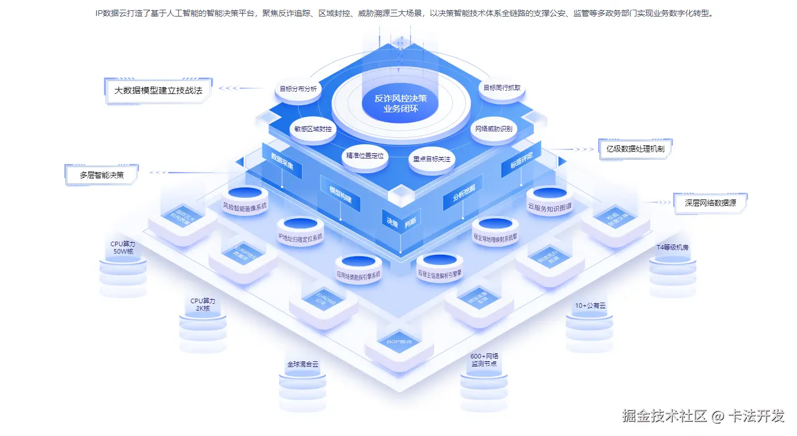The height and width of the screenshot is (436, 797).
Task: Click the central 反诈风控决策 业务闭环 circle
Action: tap(400, 103)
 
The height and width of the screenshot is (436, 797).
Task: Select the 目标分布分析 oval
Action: tap(298, 89)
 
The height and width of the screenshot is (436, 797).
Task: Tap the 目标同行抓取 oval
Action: tap(501, 88)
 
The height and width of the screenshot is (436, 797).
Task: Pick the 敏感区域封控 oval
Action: tap(313, 129)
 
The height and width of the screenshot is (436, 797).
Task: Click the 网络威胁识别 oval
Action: tap(493, 129)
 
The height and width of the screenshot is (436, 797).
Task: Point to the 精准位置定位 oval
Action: tap(365, 156)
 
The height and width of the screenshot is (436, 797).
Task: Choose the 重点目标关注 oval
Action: tap(432, 159)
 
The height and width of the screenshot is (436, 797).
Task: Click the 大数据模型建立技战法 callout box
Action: tap(158, 90)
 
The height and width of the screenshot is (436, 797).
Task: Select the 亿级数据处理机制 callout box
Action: tap(635, 149)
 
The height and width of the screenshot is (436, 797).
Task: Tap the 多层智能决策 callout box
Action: tap(102, 175)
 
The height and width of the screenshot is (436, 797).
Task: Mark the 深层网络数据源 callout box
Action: tap(710, 202)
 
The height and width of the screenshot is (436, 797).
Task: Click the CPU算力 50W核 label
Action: tap(123, 247)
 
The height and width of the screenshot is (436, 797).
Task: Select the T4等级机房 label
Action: tap(672, 248)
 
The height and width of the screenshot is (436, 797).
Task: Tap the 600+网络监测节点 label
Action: tap(484, 360)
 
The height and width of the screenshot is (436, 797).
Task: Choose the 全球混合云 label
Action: tap(303, 364)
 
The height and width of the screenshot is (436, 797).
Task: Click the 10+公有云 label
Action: tap(590, 305)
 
